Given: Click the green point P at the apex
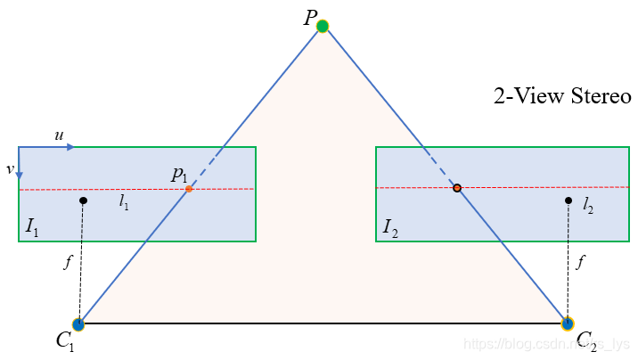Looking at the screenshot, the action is (323, 26).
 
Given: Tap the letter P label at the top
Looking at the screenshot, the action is (308, 17).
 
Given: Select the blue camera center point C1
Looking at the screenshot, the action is (78, 323).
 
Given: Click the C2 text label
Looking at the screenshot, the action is (585, 340).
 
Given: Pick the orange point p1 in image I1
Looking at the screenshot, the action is (189, 189).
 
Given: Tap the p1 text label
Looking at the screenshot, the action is (180, 176).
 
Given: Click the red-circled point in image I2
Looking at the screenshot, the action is (457, 188).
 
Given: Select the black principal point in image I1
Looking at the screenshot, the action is (83, 200).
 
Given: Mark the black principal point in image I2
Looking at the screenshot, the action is (568, 200).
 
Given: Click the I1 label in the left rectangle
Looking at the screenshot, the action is (32, 229).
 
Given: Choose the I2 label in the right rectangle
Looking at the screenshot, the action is (390, 229).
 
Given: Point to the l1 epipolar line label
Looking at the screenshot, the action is (124, 203).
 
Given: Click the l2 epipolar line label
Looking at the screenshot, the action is (588, 206).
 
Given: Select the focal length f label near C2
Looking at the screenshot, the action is (581, 263).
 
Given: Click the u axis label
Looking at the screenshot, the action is (59, 135).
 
